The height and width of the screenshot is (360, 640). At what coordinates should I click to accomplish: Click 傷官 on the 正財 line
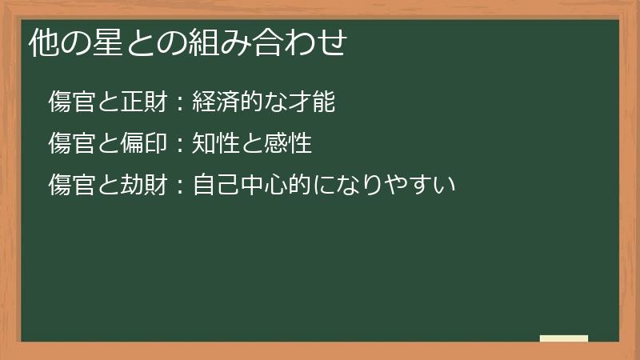point(71,102)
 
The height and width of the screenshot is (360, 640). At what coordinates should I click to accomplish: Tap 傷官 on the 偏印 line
point(71,144)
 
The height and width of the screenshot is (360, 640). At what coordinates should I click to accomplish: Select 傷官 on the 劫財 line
point(71,186)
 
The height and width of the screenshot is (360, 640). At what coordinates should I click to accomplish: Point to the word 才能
point(311,102)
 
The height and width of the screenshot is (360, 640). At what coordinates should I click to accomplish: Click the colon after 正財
point(180,103)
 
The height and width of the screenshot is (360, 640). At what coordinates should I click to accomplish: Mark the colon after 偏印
point(180,145)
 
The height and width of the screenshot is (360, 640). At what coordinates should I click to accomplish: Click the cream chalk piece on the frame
point(563,338)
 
